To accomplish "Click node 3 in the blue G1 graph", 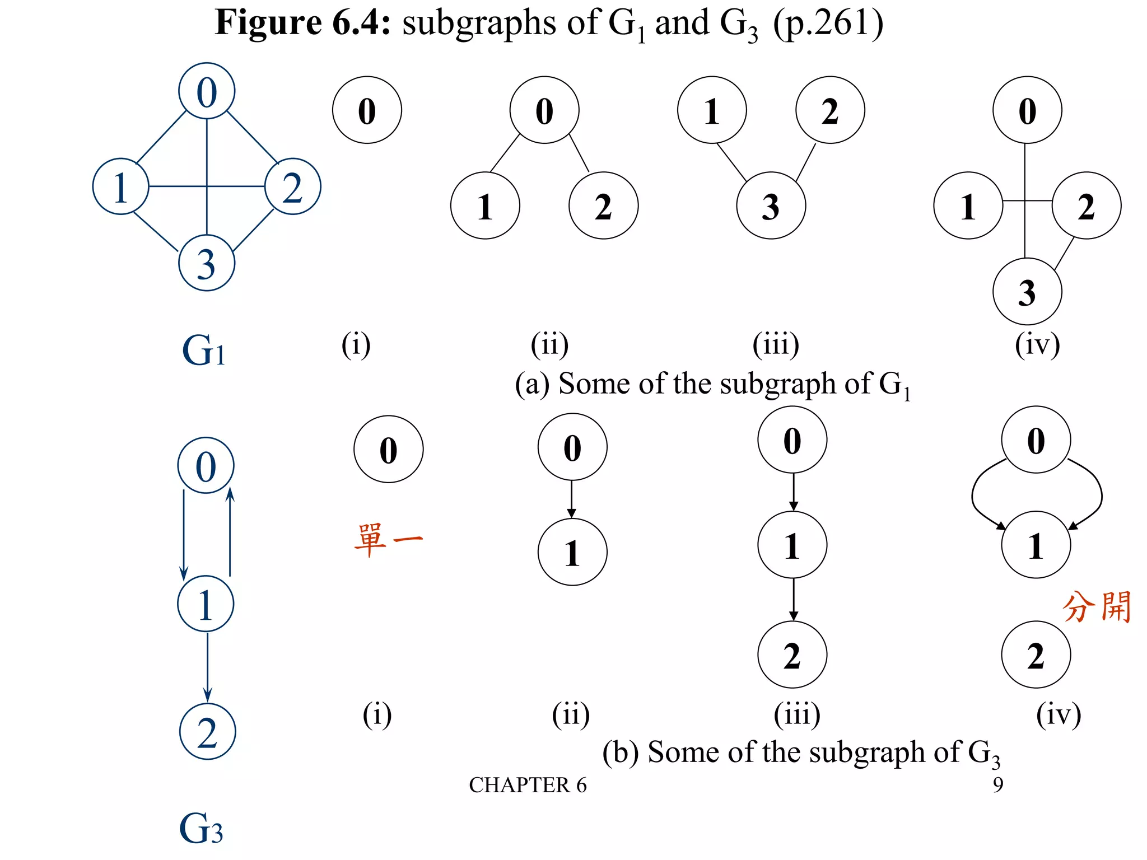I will (x=206, y=263).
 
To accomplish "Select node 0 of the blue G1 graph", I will (x=206, y=91).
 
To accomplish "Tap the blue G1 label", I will (x=204, y=350).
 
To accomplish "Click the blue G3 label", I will (x=201, y=829).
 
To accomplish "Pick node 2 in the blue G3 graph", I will (x=207, y=732).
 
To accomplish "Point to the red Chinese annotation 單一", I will (x=388, y=540).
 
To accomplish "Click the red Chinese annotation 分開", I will (x=1097, y=607).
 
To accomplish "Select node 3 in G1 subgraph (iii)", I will (x=771, y=206).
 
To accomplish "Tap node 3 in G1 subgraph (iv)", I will (x=1027, y=292).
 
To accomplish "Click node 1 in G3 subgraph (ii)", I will (x=572, y=553).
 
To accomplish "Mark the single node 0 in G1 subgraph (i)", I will (x=367, y=110).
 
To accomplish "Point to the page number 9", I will (x=998, y=785).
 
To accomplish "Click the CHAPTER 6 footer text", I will (x=528, y=785).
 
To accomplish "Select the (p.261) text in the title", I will (x=828, y=24).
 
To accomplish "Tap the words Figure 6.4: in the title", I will (x=303, y=24).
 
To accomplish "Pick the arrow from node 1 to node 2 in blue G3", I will (x=207, y=666).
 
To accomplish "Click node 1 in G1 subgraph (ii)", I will (x=485, y=206).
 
